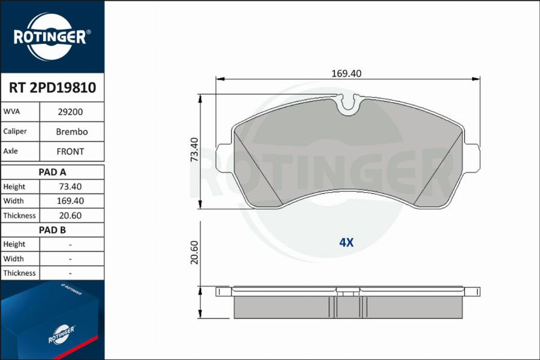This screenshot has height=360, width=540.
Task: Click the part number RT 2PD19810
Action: pos(52,88)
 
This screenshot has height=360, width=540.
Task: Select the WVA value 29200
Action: pos(70,112)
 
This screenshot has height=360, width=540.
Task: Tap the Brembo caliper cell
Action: pos(71,131)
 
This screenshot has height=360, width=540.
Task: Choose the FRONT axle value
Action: pos(70,152)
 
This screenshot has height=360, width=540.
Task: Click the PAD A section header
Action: pos(52,172)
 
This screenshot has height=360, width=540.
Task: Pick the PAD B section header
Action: pos(52,230)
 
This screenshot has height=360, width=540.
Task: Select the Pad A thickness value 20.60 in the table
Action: pos(70,215)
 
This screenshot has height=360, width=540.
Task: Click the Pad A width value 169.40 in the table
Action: pos(70,201)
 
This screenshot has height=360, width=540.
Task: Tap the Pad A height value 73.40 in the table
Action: pos(70,187)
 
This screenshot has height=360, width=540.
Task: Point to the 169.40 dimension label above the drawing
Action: pos(346,73)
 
